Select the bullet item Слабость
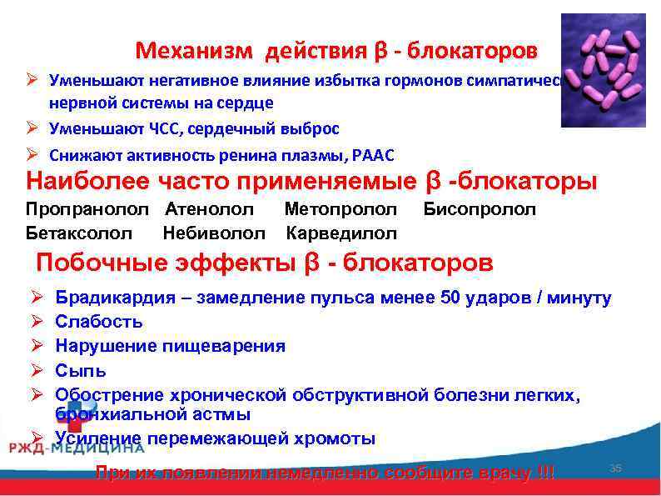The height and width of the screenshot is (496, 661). click(98, 321)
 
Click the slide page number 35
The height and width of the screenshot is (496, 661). click(616, 468)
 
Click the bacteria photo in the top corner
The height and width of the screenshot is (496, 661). click(603, 70)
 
